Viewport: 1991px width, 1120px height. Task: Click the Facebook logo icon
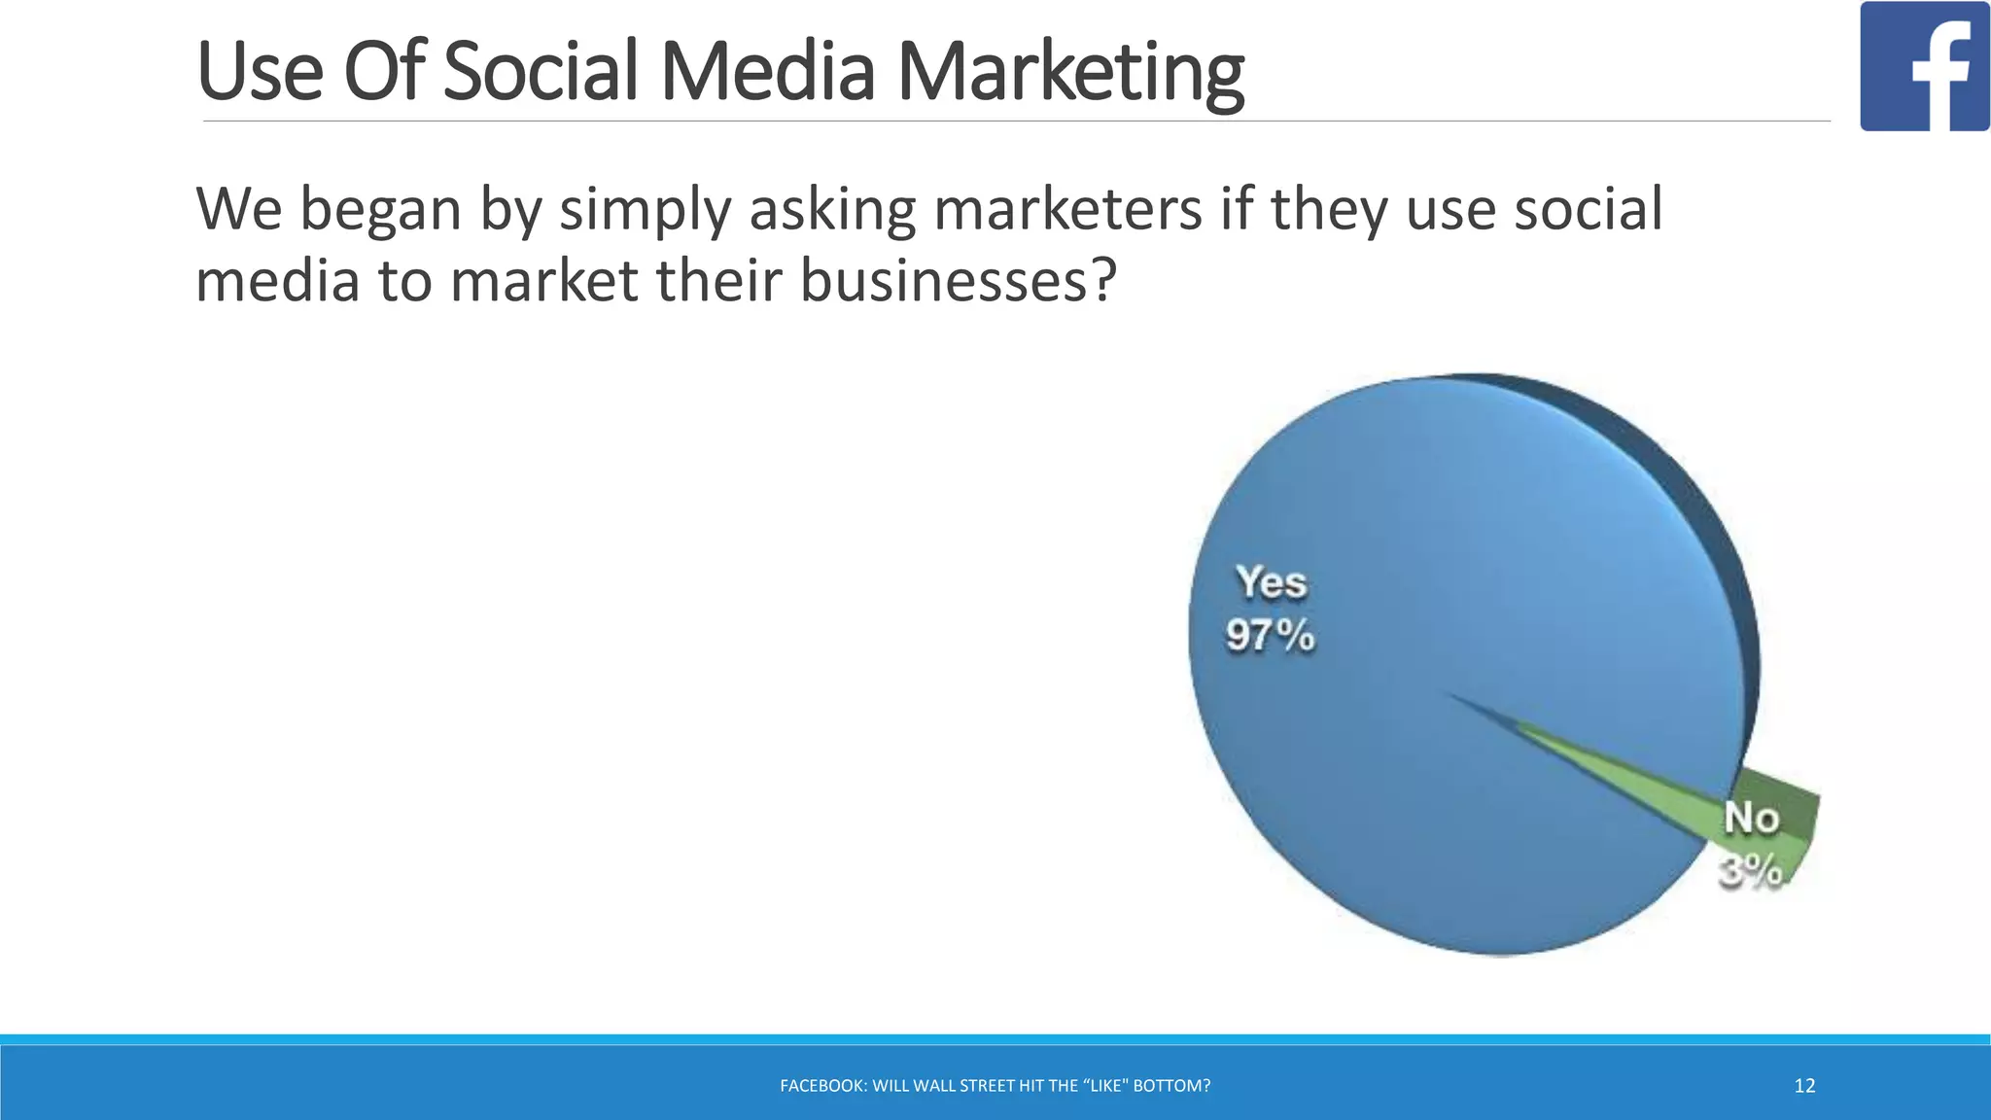[1924, 66]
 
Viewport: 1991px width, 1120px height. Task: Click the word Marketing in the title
[1069, 73]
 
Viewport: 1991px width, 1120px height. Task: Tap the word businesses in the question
[957, 281]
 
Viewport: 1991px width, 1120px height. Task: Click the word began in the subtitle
[380, 211]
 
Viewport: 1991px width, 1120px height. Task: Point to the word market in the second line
[544, 281]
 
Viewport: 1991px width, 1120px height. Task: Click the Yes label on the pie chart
[1271, 583]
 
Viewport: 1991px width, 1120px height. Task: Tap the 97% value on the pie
[1270, 636]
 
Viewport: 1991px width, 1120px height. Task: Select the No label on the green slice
[1751, 819]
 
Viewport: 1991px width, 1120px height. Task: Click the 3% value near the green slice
[1750, 871]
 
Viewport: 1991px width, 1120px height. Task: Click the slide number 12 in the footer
[1804, 1086]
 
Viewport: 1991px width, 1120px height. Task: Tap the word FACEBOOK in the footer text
[822, 1086]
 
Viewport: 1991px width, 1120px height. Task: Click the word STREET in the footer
[987, 1086]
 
